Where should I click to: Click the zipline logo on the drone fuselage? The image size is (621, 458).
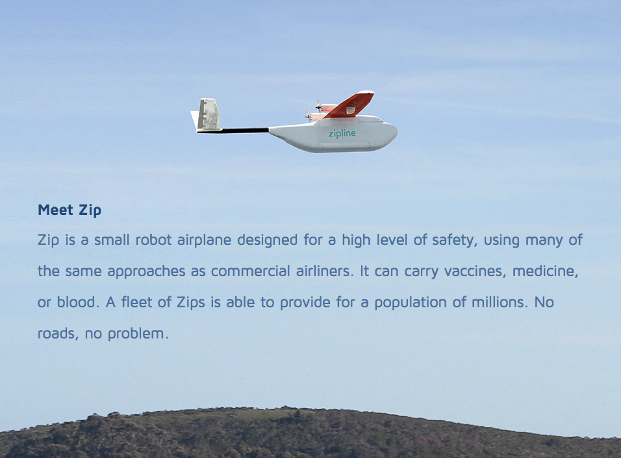tap(342, 134)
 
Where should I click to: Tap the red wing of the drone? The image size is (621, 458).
tap(349, 105)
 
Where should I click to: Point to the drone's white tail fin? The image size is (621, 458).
tap(207, 114)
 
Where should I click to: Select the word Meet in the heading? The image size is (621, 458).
tap(55, 210)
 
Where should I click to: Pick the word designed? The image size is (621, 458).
tap(268, 240)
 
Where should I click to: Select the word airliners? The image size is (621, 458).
tap(324, 271)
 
